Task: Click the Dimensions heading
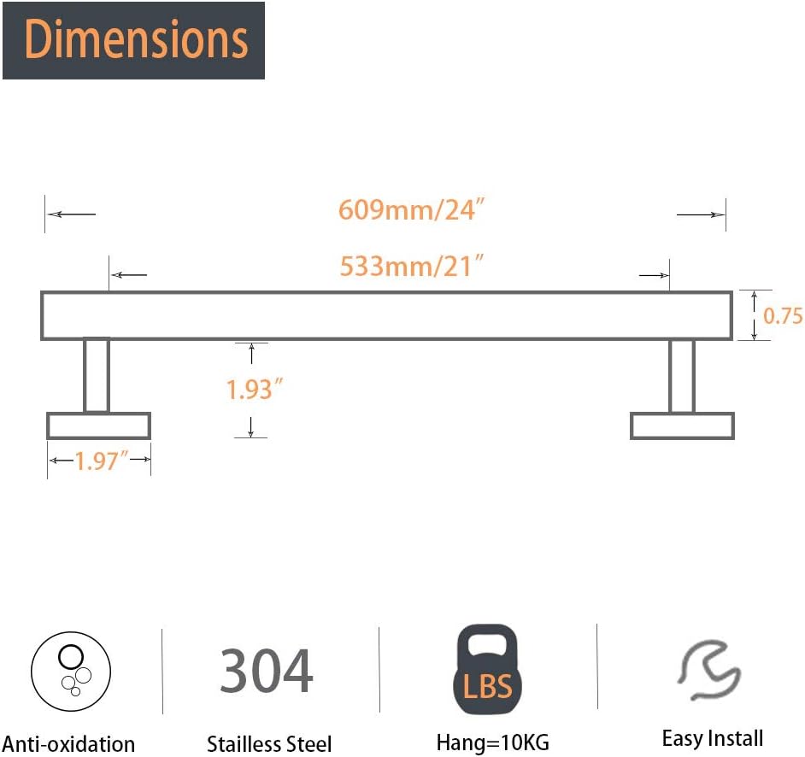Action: pyautogui.click(x=136, y=39)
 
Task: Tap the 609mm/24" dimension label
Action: pyautogui.click(x=411, y=209)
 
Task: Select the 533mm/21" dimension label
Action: pyautogui.click(x=411, y=266)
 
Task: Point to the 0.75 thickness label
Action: pyautogui.click(x=783, y=315)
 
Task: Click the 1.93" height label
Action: pyautogui.click(x=255, y=389)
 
